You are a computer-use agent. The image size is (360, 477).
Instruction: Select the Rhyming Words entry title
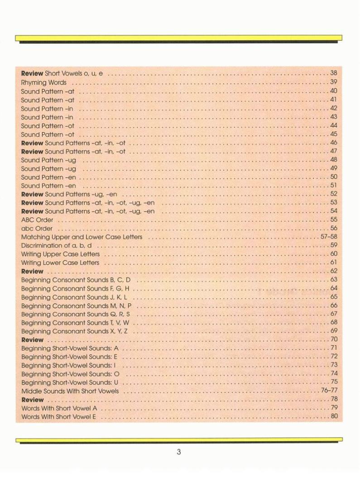pyautogui.click(x=43, y=82)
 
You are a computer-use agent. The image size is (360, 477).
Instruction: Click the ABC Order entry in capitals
pyautogui.click(x=37, y=220)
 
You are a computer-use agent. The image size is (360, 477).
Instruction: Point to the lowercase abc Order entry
pyautogui.click(x=37, y=229)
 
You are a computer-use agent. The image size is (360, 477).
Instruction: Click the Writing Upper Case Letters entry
pyautogui.click(x=60, y=254)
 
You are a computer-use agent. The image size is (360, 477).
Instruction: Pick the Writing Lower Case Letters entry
pyautogui.click(x=60, y=262)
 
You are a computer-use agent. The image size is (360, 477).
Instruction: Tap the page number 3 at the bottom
pyautogui.click(x=179, y=452)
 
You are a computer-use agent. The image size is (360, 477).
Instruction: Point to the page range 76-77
pyautogui.click(x=329, y=391)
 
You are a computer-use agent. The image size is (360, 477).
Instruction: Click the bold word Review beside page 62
pyautogui.click(x=32, y=271)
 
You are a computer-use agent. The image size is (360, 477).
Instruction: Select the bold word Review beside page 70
pyautogui.click(x=32, y=339)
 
